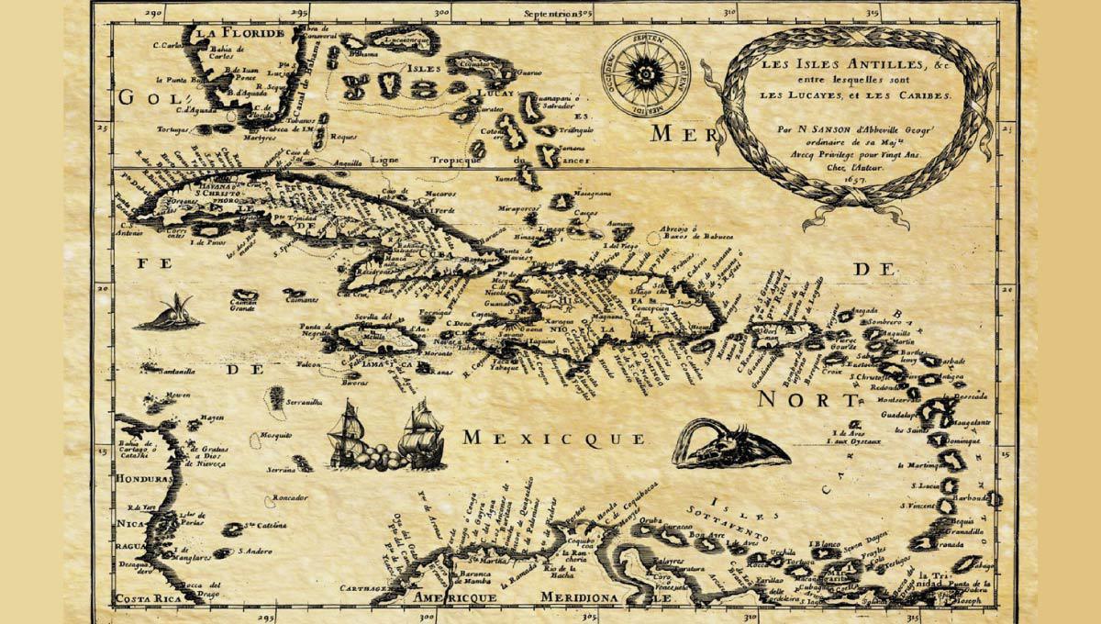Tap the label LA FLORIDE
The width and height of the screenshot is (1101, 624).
click(239, 35)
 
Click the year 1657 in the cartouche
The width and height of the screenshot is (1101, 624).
click(856, 182)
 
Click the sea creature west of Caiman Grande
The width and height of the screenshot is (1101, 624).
click(169, 314)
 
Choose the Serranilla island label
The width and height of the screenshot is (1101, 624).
click(302, 401)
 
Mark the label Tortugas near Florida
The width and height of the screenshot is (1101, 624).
click(173, 130)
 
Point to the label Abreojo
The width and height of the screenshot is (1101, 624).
click(677, 229)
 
